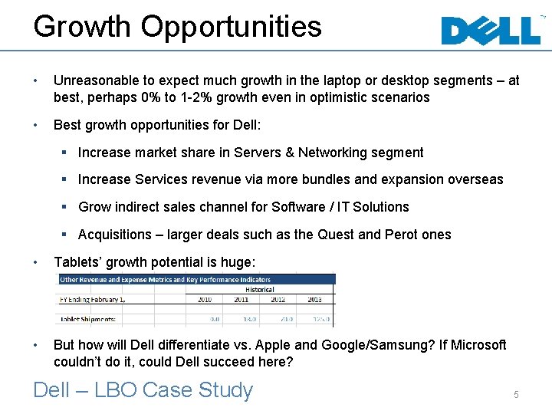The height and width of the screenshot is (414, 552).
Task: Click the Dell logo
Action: [491, 31]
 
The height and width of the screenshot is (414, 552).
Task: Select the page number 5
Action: [516, 394]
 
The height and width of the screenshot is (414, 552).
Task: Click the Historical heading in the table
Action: [260, 290]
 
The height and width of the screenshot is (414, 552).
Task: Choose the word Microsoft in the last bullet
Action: [475, 345]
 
